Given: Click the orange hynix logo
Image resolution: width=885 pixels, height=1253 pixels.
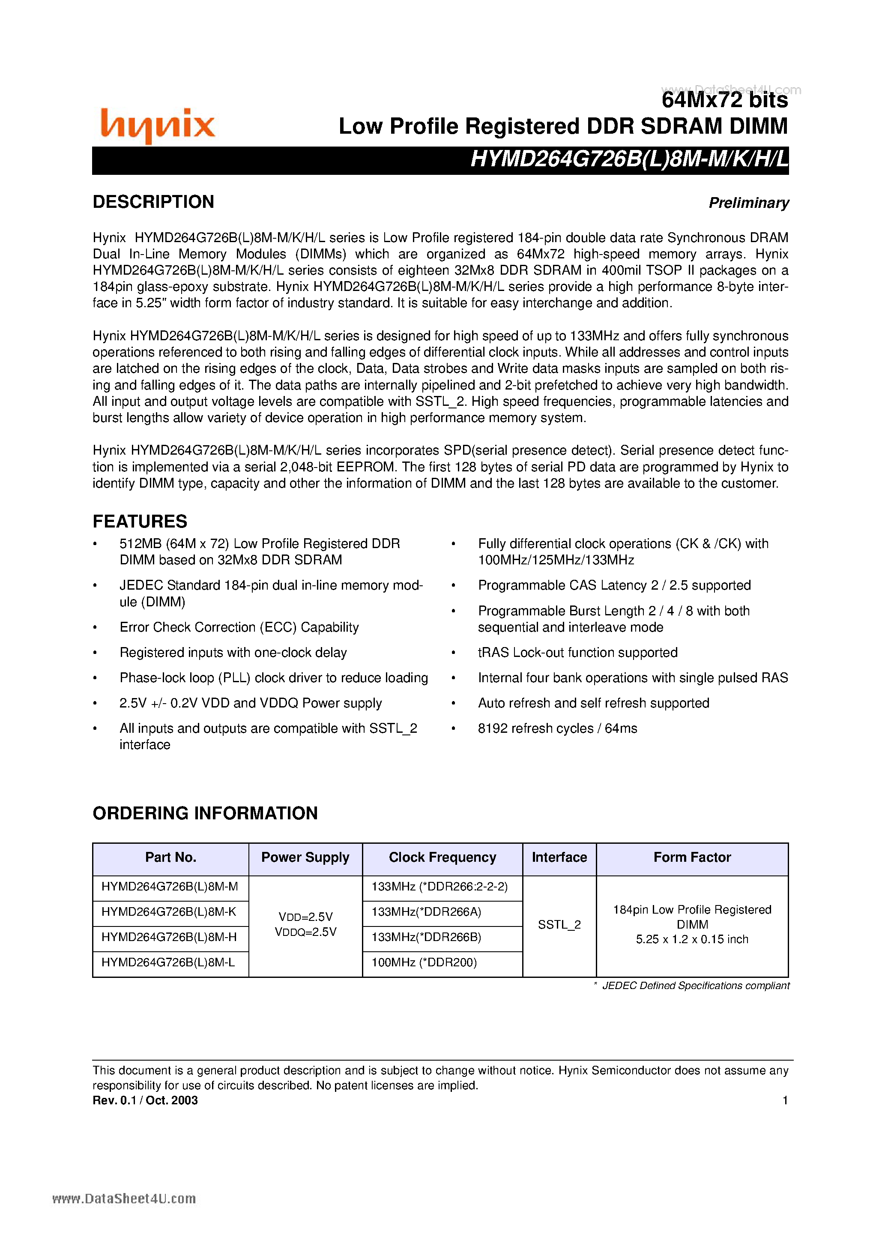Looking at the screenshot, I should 158,125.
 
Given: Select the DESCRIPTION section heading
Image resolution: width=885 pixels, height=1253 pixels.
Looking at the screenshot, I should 153,202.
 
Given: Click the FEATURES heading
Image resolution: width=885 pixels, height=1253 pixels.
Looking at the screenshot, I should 140,521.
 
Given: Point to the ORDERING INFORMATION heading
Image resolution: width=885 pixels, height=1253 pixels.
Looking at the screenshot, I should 205,813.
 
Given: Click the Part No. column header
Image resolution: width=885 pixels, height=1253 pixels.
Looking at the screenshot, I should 170,857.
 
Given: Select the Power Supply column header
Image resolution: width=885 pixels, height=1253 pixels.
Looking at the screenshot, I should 305,857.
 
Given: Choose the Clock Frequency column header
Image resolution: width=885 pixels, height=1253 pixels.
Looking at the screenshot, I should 442,857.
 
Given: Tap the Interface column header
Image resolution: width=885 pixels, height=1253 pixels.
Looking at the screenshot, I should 559,857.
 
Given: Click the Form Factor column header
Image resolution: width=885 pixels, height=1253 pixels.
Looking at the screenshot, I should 692,857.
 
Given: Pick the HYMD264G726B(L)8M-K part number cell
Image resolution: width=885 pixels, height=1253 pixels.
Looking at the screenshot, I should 169,912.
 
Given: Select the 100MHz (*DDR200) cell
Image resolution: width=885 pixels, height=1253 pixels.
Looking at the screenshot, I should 424,962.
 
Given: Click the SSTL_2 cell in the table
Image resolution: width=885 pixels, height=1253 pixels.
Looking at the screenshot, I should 559,924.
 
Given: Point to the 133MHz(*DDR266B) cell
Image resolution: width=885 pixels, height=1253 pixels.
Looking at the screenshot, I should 426,937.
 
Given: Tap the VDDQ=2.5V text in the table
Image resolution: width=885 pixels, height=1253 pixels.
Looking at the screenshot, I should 305,932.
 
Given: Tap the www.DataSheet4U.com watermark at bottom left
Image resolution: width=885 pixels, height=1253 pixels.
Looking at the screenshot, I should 124,1199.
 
